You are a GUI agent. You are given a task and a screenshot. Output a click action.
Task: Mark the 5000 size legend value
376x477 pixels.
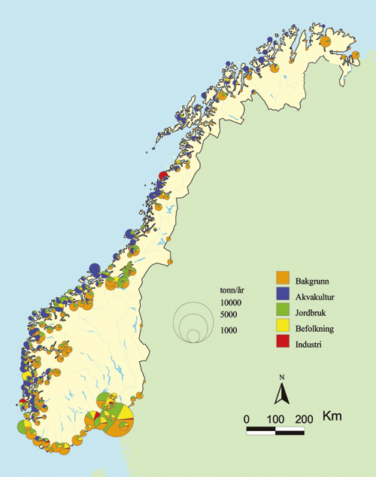232,314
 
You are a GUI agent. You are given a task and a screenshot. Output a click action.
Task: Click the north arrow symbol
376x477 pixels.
280,392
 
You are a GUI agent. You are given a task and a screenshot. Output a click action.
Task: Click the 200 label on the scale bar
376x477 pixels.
304,418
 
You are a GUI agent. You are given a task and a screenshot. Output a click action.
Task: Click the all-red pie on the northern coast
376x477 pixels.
163,176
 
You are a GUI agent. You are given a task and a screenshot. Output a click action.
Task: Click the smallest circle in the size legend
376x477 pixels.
193,335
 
